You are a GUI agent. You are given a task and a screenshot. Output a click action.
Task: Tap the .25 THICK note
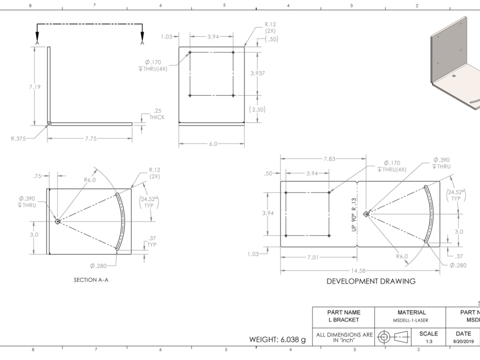coord(156,114)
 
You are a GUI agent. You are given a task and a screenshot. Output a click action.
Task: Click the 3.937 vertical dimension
coord(258,73)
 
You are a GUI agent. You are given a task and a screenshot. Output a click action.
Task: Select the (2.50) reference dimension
coord(258,109)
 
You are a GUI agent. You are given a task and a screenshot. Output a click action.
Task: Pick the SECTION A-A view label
coord(91,280)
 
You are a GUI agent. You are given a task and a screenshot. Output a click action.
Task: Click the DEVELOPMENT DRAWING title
coord(371,281)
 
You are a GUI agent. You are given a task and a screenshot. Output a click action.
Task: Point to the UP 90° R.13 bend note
coord(354,215)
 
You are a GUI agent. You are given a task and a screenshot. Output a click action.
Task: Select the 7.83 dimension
coord(329,159)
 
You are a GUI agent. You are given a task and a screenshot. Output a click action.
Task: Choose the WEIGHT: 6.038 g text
coord(277,340)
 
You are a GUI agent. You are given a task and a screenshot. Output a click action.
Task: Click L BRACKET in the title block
coord(344,320)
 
